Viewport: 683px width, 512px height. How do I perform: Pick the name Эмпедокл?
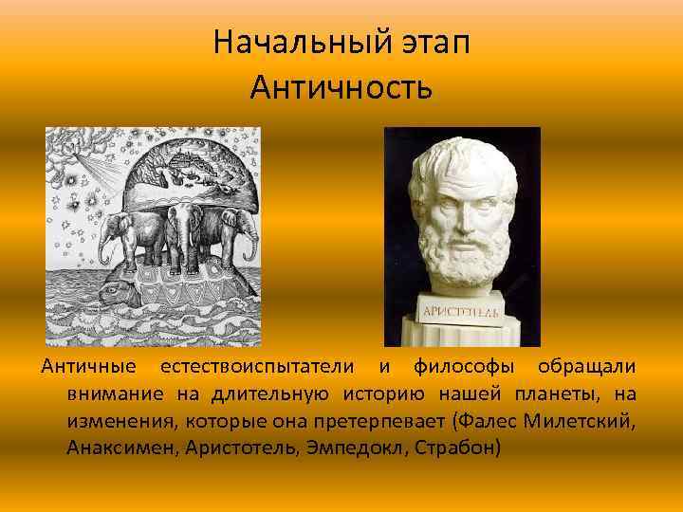click(360, 446)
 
